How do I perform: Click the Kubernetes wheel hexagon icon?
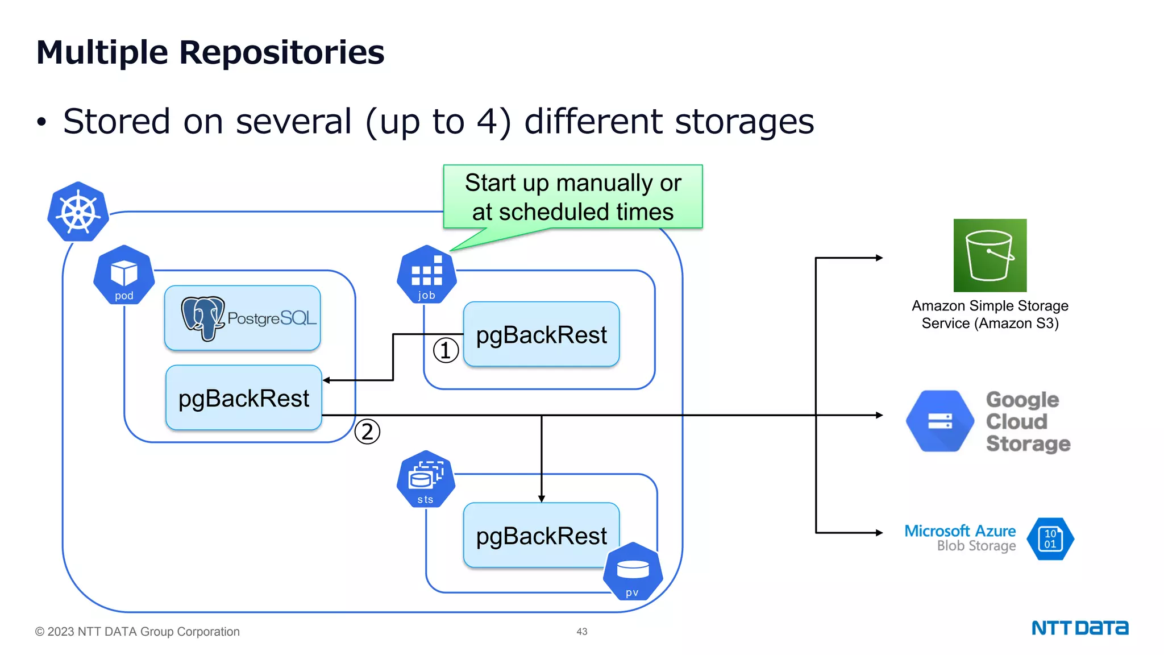(x=78, y=212)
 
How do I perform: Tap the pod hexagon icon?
(x=124, y=275)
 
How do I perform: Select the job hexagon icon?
(x=426, y=275)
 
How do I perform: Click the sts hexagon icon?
(x=426, y=479)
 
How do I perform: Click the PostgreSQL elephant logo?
(x=202, y=317)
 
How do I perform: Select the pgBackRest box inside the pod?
(x=244, y=398)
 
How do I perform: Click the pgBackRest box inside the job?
(x=542, y=334)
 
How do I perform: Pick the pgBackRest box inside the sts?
(x=542, y=535)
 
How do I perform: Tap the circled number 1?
(x=446, y=350)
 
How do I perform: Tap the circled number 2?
(x=367, y=432)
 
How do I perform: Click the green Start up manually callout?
(x=573, y=197)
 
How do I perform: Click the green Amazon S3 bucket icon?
(x=990, y=255)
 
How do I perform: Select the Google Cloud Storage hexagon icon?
(x=940, y=421)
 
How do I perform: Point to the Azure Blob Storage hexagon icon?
(x=1050, y=538)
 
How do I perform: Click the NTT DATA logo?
(x=1080, y=628)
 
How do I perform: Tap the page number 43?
(x=581, y=632)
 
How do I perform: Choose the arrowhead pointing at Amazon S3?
(x=879, y=258)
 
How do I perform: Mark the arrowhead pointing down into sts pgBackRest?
(x=542, y=498)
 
